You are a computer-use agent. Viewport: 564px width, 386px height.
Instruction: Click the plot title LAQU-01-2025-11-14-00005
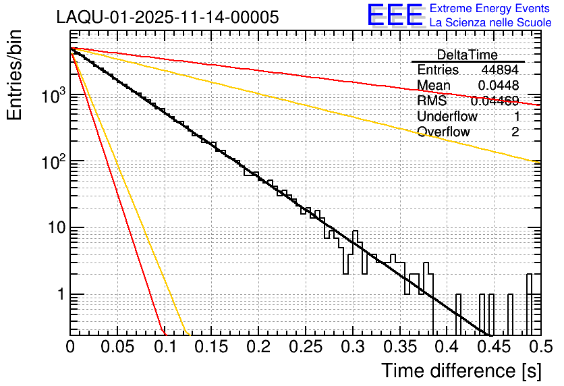point(167,18)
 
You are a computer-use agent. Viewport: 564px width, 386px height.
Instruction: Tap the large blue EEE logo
point(395,16)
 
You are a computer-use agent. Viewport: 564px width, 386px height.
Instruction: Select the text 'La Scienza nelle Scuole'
point(490,23)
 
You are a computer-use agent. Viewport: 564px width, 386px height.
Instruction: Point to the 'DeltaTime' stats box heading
point(468,55)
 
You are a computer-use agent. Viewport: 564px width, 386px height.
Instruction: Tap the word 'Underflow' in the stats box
point(447,116)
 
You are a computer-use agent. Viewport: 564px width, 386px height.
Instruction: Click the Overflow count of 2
point(515,132)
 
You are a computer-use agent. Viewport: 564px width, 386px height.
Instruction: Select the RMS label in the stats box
point(432,101)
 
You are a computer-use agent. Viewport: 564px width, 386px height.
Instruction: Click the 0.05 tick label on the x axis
point(117,348)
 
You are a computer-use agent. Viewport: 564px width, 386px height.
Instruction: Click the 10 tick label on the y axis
point(55,228)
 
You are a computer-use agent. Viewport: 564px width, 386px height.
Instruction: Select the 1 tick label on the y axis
point(59,295)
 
